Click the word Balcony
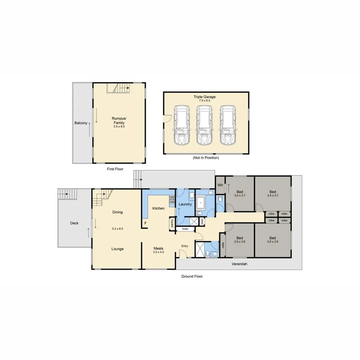point(80,123)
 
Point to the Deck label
point(74,223)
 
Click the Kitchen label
point(158,208)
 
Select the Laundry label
point(185,204)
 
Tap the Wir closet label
point(220,185)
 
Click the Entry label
point(184,246)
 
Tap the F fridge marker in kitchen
point(146,223)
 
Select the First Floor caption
point(115,169)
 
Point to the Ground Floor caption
point(192,276)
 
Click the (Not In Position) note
point(206,158)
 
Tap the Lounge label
point(117,249)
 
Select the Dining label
point(117,212)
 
